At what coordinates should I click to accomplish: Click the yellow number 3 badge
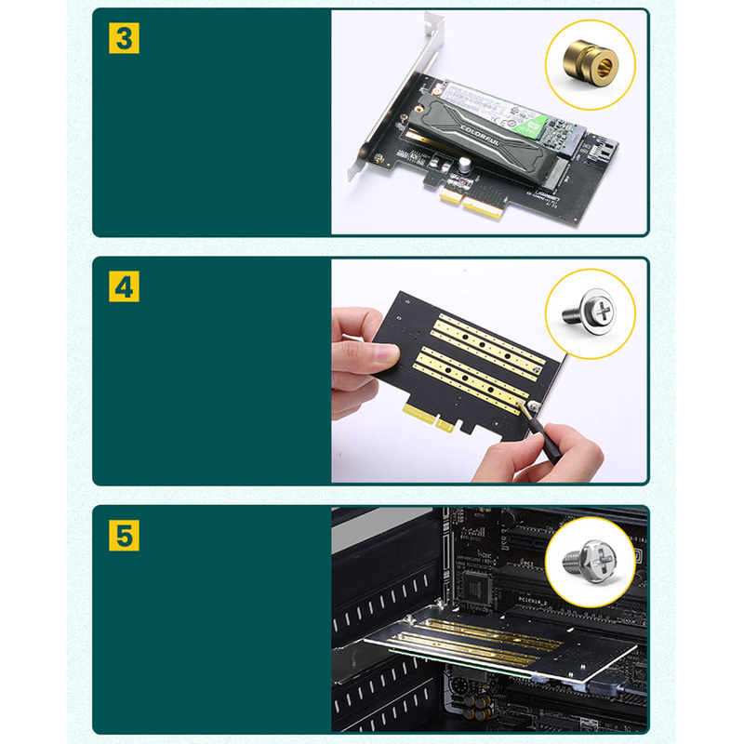(x=124, y=38)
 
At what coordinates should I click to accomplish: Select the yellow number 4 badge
(x=124, y=286)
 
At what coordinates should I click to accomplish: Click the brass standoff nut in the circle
(x=590, y=65)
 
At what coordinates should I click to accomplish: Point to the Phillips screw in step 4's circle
(x=590, y=313)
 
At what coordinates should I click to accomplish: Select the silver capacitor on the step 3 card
(x=462, y=165)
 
